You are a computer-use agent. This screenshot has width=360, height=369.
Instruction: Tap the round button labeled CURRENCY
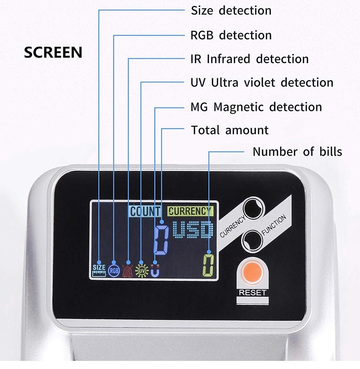(x=253, y=209)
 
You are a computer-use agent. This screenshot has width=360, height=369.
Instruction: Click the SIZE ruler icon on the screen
(x=99, y=270)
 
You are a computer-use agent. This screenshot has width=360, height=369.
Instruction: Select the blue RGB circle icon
(x=114, y=271)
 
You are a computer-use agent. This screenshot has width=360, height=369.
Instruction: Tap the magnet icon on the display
(x=155, y=271)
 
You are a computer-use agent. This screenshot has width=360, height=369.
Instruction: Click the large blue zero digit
(x=161, y=240)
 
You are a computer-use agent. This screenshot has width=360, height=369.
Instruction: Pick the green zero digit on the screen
(x=208, y=265)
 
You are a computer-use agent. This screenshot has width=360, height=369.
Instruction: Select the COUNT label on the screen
(x=145, y=211)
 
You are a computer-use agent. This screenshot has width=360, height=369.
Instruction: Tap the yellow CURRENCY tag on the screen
(x=190, y=211)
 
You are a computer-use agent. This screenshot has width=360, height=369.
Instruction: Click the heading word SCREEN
(x=53, y=52)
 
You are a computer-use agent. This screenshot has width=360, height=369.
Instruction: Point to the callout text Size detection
(x=231, y=10)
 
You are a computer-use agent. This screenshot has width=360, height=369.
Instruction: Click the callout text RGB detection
(x=231, y=35)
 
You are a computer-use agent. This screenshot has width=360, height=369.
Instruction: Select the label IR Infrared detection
(x=249, y=59)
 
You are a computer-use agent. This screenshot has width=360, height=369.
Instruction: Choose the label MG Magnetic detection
(x=256, y=107)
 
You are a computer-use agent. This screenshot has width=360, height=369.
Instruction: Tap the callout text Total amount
(x=229, y=130)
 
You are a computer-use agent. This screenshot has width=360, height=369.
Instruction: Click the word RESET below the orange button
(x=253, y=293)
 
